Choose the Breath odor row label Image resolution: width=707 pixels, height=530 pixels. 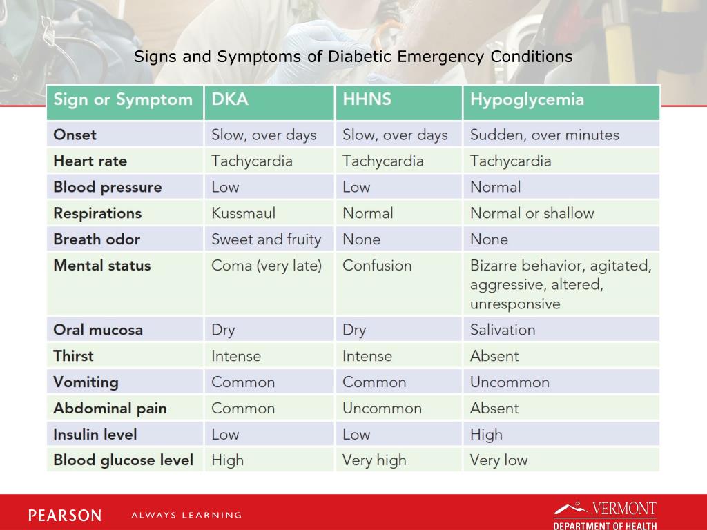97,239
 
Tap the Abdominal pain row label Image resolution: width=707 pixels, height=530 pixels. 110,409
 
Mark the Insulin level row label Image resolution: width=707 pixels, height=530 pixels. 95,435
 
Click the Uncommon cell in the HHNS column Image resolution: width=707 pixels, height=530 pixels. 382,409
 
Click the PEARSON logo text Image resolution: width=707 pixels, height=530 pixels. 65,515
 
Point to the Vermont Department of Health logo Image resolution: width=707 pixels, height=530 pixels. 605,515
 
